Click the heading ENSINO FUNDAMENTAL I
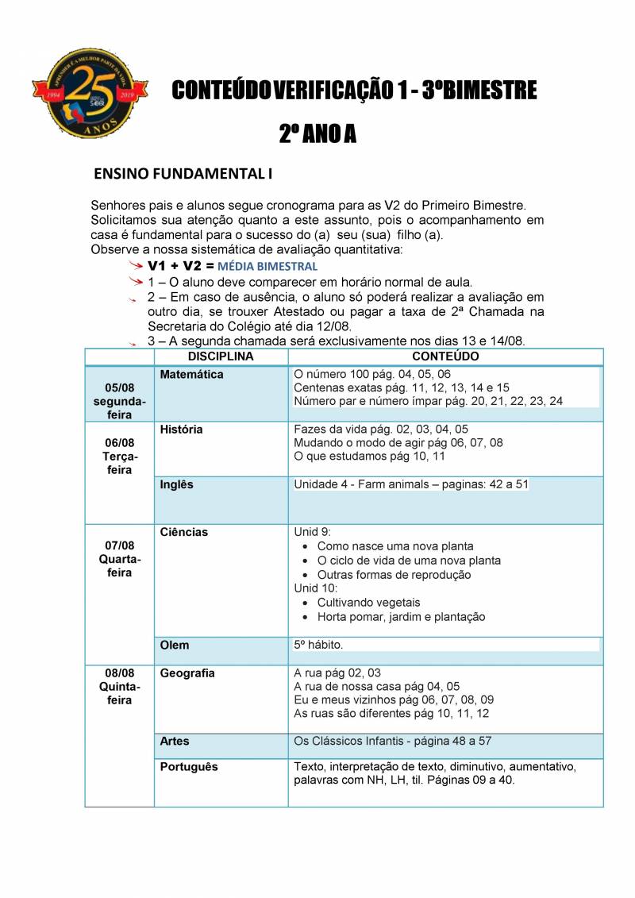click(x=183, y=172)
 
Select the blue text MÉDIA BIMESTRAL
click(x=267, y=266)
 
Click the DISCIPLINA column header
click(x=221, y=357)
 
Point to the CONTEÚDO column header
click(x=445, y=357)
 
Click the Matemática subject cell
click(x=191, y=374)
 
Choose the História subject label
click(x=181, y=430)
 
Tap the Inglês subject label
click(x=176, y=484)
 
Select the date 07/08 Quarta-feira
click(x=120, y=559)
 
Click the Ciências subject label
click(x=183, y=532)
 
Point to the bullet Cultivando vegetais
click(x=368, y=603)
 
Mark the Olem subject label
click(x=175, y=646)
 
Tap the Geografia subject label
click(x=187, y=673)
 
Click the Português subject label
click(x=189, y=767)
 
